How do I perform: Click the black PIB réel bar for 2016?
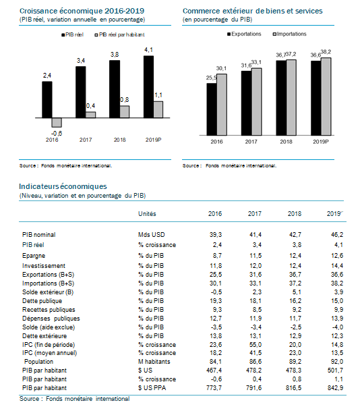click(47, 100)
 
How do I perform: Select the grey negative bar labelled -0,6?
click(57, 122)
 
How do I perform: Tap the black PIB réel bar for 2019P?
click(148, 87)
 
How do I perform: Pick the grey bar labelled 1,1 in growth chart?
click(158, 109)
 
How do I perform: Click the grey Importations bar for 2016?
click(222, 105)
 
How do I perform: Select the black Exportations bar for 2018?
click(281, 98)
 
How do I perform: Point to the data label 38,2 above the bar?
click(326, 52)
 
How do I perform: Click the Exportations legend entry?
click(244, 34)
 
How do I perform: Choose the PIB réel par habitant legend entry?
click(119, 34)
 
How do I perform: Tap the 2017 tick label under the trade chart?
click(251, 142)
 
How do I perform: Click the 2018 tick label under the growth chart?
click(119, 140)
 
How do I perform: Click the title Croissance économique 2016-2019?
click(82, 11)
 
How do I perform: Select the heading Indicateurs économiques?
click(63, 186)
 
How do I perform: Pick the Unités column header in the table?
click(147, 214)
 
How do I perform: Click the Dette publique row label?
click(42, 301)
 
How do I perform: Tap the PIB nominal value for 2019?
click(337, 235)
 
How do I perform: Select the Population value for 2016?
click(216, 362)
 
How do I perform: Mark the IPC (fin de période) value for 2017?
click(256, 345)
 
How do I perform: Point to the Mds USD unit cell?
click(151, 235)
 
